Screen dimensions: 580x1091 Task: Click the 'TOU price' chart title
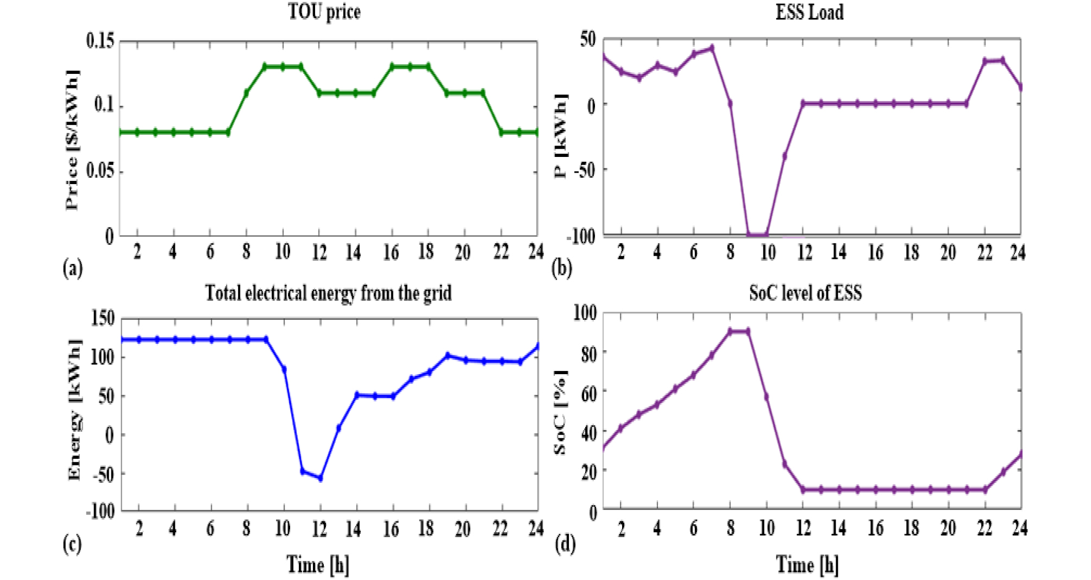pos(324,12)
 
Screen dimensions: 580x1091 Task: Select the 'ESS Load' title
pos(809,12)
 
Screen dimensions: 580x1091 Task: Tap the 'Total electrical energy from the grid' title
pos(328,293)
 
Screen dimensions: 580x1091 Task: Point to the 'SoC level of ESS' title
pos(805,293)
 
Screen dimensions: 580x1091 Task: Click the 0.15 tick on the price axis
pos(100,41)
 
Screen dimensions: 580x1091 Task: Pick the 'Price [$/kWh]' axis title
pos(72,140)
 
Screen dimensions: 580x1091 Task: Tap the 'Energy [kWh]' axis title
pos(74,411)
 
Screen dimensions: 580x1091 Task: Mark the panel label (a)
pos(73,268)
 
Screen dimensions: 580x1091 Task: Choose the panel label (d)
pos(565,544)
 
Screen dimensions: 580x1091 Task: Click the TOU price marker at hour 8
pos(246,93)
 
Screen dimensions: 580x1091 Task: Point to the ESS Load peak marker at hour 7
pos(712,48)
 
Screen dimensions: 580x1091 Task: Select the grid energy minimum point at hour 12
pos(321,478)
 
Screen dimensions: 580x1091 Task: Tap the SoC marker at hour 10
pos(767,397)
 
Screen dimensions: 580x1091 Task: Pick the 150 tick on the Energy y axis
pos(103,318)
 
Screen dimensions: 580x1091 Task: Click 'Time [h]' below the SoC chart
pos(807,565)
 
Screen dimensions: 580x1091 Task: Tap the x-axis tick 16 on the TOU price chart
pos(391,253)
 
